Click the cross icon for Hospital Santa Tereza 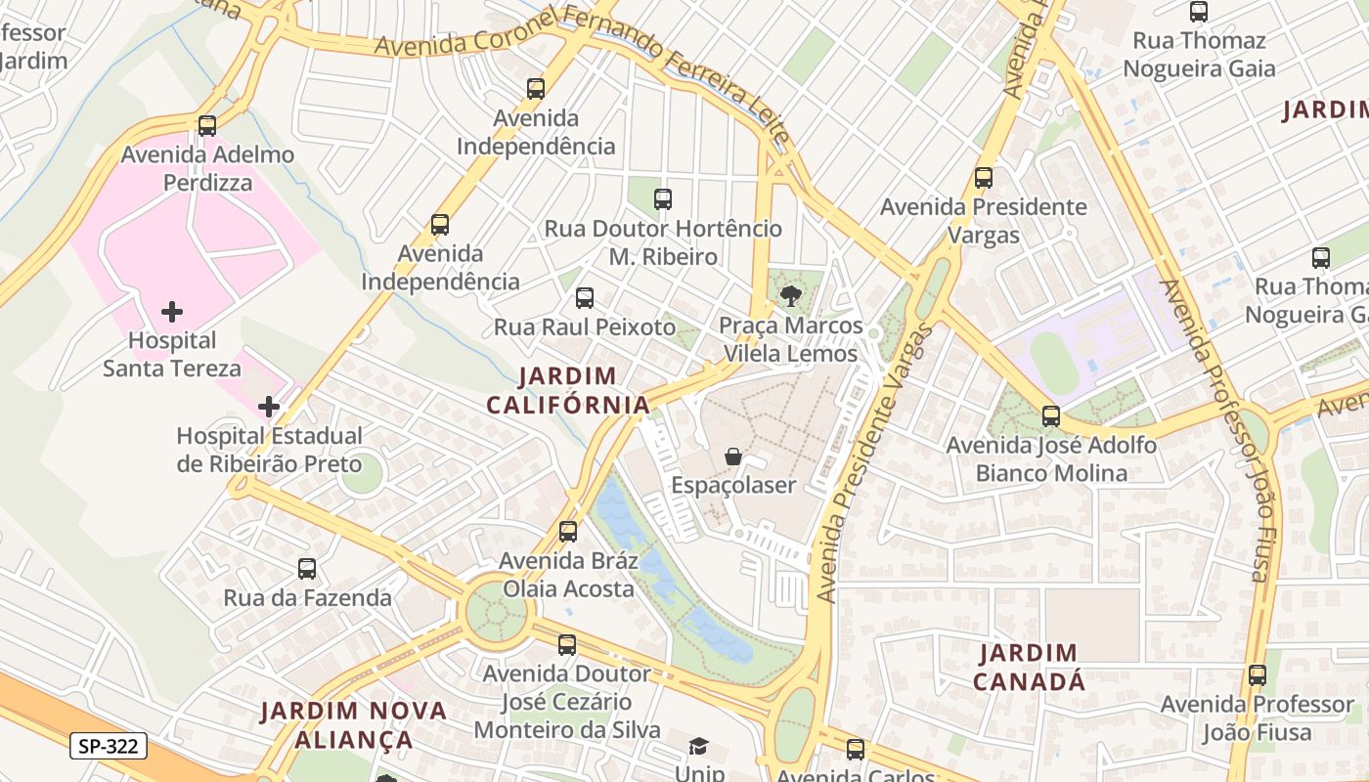[172, 313]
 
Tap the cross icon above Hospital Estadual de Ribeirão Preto [269, 407]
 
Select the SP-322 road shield [109, 747]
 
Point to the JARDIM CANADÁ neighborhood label [1029, 667]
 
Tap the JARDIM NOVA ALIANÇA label [354, 724]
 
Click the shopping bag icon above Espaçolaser [732, 456]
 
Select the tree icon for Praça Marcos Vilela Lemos [791, 295]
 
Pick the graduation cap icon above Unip [698, 748]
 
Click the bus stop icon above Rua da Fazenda [307, 569]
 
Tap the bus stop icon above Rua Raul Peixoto [585, 298]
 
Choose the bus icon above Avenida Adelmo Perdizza [207, 126]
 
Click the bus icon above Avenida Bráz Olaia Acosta [568, 532]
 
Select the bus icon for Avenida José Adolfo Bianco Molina [1051, 416]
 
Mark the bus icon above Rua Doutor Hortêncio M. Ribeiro [663, 199]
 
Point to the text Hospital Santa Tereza [172, 355]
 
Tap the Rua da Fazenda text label [308, 597]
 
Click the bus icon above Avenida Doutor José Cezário [567, 645]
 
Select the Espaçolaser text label [733, 485]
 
